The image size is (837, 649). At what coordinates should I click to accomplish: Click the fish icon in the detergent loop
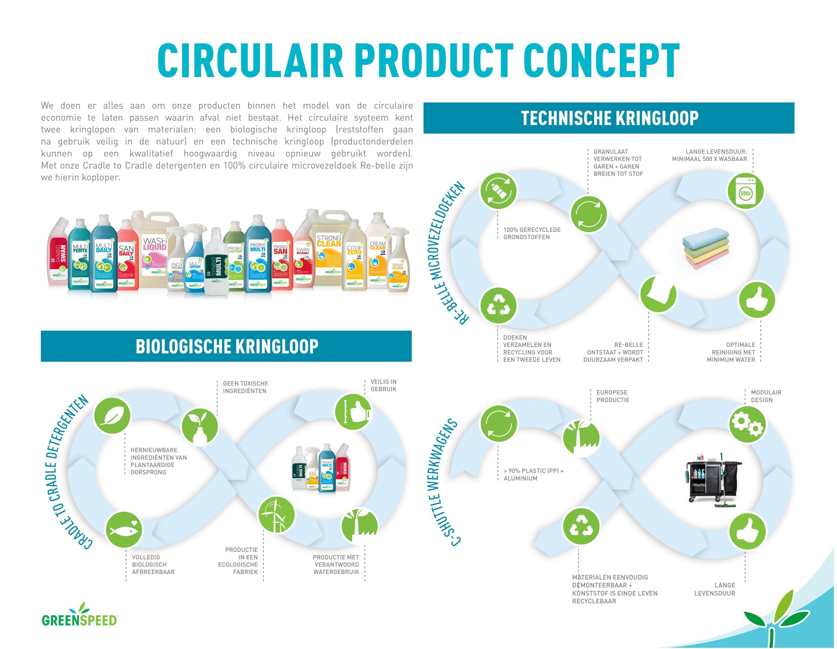point(123,530)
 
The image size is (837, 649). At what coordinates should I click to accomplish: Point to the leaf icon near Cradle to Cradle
point(112,416)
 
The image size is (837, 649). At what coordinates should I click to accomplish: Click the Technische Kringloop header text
point(609,118)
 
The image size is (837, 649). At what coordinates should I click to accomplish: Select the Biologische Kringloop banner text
point(227,346)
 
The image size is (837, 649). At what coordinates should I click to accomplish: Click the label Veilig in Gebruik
point(383,386)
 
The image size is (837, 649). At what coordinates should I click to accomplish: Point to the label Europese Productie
point(612,396)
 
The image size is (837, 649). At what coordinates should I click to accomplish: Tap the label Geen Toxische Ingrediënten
point(245,387)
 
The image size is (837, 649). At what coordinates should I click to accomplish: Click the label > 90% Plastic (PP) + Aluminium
point(533,475)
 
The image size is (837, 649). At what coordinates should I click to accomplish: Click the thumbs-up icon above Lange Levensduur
point(747,532)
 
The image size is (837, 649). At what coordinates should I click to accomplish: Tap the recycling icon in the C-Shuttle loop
point(581,526)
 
